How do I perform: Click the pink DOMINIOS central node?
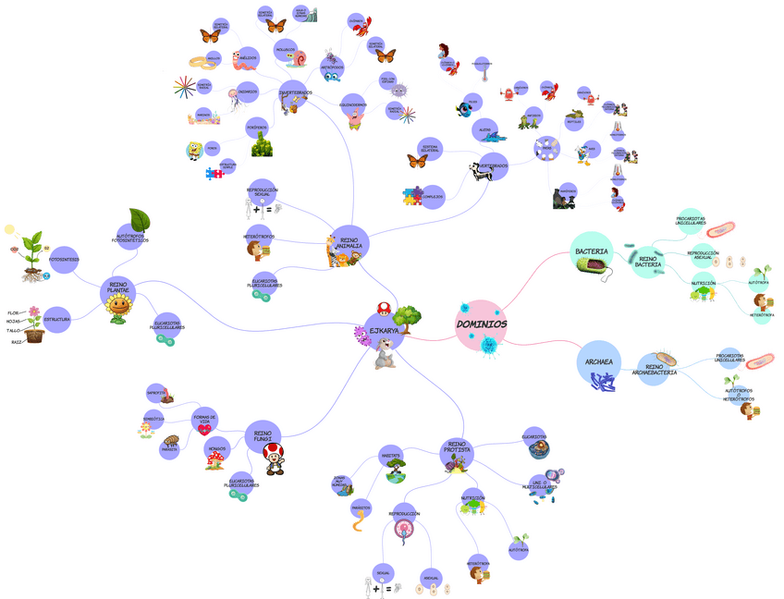(481, 324)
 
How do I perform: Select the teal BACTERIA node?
(592, 251)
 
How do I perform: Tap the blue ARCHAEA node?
(600, 361)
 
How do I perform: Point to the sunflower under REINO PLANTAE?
(119, 311)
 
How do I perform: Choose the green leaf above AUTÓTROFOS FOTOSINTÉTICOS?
(139, 220)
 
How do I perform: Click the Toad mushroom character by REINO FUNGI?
(275, 457)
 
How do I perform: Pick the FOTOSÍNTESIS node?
(64, 260)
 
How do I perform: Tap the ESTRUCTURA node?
(57, 319)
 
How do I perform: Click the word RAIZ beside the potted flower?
(17, 342)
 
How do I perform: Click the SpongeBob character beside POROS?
(194, 149)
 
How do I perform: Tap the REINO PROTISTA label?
(457, 447)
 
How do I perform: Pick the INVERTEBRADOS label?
(296, 92)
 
